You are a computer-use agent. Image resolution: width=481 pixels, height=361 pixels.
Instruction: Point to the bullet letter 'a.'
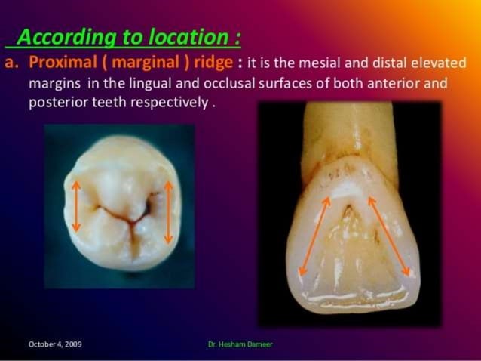coord(12,62)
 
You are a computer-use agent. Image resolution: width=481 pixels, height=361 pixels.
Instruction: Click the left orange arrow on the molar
coord(76,205)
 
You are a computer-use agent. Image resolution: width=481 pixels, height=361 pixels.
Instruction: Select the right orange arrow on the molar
coord(168,212)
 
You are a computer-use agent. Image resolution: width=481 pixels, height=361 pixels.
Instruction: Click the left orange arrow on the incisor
coord(315,236)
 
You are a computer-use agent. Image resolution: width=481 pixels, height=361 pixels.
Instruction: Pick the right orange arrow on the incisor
coord(388,236)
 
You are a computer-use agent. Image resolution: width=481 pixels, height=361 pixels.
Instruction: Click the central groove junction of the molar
coord(130,222)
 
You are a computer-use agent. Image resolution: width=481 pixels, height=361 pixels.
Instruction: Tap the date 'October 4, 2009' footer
coord(55,344)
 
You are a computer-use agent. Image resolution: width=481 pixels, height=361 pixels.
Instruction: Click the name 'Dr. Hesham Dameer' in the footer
coord(240,344)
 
